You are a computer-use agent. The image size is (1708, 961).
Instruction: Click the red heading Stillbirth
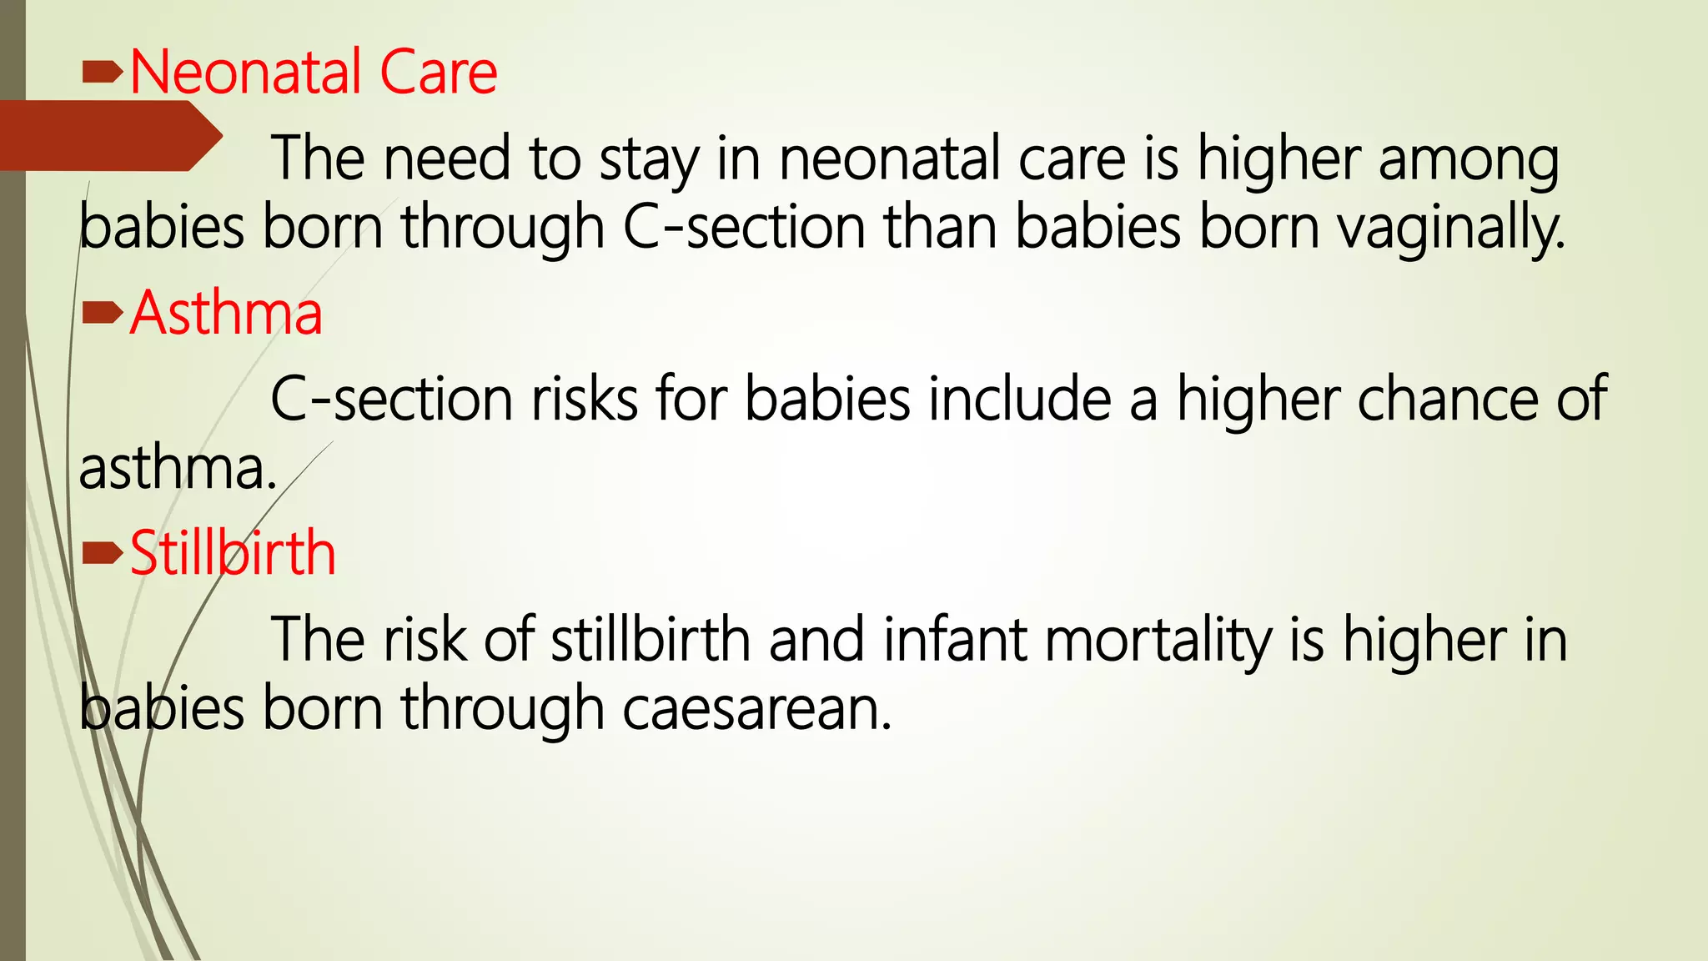tap(233, 553)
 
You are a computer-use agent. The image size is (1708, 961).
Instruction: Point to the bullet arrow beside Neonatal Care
tap(103, 75)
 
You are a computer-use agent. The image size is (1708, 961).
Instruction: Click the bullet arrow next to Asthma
tap(103, 314)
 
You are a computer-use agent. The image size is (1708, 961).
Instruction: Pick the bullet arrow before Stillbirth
tap(103, 553)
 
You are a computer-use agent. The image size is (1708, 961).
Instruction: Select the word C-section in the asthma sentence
tap(391, 399)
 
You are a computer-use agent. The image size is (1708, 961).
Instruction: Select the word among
tap(1469, 159)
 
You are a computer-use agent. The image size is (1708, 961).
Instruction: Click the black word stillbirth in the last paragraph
tap(651, 640)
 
